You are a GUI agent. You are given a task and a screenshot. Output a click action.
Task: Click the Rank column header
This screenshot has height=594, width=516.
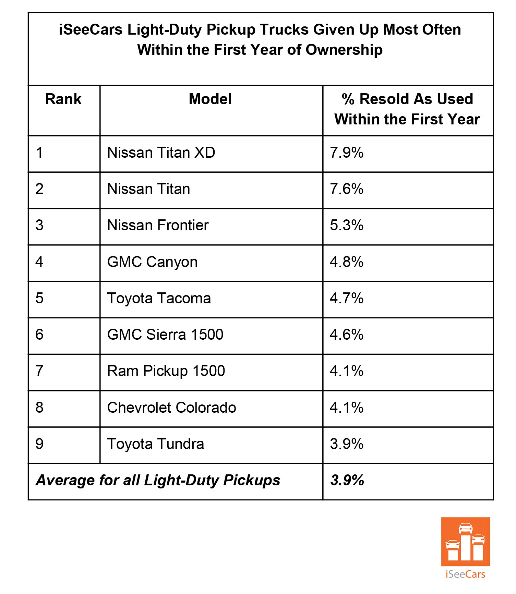pyautogui.click(x=63, y=99)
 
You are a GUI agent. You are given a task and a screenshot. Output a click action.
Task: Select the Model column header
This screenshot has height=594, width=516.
pyautogui.click(x=210, y=99)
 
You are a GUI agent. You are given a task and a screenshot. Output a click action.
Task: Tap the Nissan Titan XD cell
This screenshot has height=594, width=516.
pyautogui.click(x=161, y=153)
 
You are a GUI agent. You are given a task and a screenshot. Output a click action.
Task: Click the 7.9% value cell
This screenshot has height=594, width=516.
pyautogui.click(x=347, y=153)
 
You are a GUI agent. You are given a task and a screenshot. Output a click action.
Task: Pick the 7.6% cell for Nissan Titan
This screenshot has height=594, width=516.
pyautogui.click(x=347, y=189)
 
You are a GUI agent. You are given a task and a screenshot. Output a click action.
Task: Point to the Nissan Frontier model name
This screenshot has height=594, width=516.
pyautogui.click(x=158, y=226)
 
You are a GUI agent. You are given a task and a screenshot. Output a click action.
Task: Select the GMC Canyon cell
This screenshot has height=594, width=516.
pyautogui.click(x=152, y=262)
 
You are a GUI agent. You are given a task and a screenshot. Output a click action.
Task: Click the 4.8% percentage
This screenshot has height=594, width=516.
pyautogui.click(x=347, y=262)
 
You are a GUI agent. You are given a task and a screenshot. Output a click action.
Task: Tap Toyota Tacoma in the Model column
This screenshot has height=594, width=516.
pyautogui.click(x=159, y=299)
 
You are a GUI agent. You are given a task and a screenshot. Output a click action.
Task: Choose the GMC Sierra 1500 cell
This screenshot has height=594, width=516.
pyautogui.click(x=165, y=335)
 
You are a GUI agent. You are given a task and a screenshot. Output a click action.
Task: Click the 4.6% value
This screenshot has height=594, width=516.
pyautogui.click(x=347, y=335)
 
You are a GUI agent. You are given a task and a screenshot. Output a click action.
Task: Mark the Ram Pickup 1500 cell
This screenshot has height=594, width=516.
pyautogui.click(x=166, y=371)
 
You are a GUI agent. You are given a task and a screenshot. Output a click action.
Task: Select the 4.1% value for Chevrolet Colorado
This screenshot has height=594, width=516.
pyautogui.click(x=347, y=408)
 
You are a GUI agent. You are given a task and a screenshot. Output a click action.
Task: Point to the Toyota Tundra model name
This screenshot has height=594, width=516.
pyautogui.click(x=156, y=444)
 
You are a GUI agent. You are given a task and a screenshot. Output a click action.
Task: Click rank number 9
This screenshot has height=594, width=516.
pyautogui.click(x=39, y=444)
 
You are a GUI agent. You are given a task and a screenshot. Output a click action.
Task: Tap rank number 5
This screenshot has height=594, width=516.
pyautogui.click(x=39, y=299)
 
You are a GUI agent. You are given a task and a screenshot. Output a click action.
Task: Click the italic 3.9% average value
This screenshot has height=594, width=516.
pyautogui.click(x=347, y=481)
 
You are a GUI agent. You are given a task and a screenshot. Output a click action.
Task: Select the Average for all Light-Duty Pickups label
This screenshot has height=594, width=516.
pyautogui.click(x=158, y=481)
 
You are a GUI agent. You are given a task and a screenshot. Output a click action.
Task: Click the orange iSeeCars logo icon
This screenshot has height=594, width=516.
pyautogui.click(x=465, y=542)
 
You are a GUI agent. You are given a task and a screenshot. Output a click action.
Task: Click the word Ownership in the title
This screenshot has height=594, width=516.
pyautogui.click(x=344, y=50)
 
